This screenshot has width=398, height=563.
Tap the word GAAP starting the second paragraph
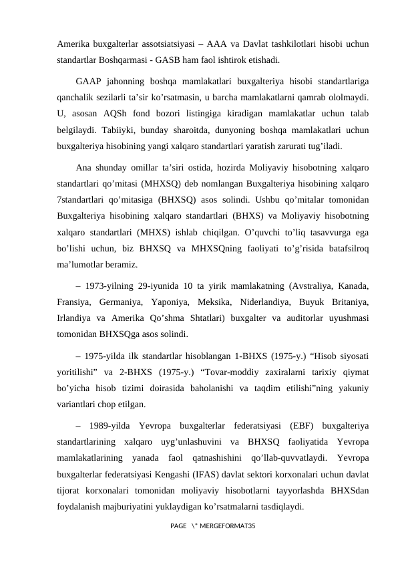click(88, 81)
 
